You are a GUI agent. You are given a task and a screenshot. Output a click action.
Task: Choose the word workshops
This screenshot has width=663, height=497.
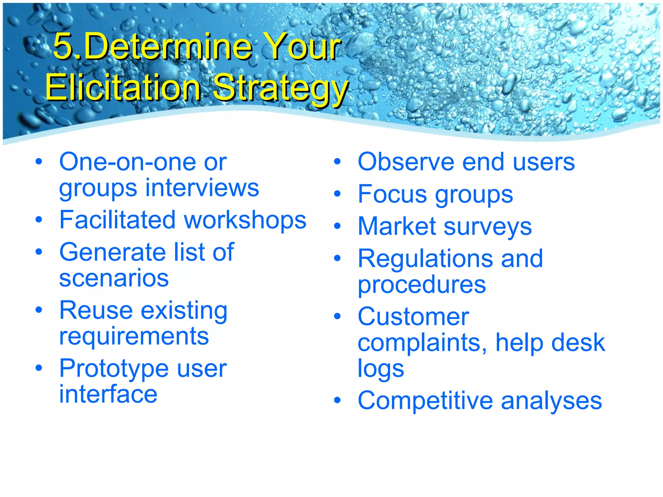pos(245,220)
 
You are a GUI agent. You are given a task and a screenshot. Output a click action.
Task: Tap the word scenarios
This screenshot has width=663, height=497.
pos(114,279)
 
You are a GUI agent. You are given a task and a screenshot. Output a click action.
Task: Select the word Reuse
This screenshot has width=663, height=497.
pos(96,310)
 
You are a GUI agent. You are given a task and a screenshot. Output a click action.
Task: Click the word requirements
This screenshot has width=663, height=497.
pos(134,337)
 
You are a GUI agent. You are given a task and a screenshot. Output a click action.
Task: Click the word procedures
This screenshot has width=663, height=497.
pos(421,285)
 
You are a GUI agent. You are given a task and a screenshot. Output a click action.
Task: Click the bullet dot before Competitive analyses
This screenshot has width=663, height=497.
pos(337,401)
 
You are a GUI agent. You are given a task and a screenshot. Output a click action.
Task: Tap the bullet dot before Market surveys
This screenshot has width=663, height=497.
pos(337,226)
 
